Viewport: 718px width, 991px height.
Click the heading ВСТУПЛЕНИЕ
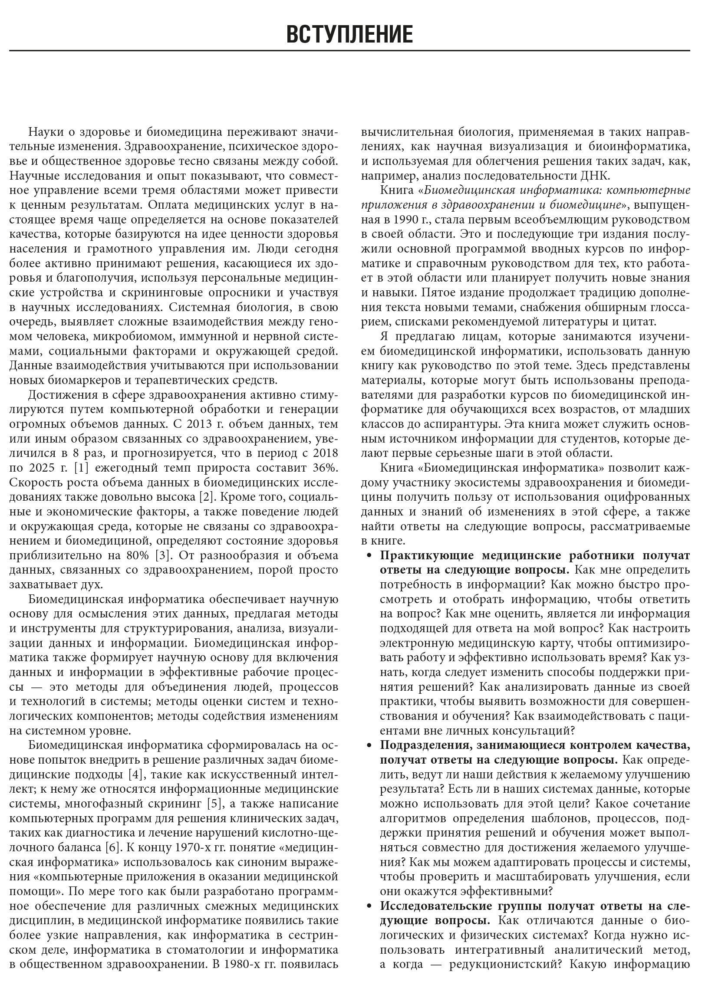click(349, 35)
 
